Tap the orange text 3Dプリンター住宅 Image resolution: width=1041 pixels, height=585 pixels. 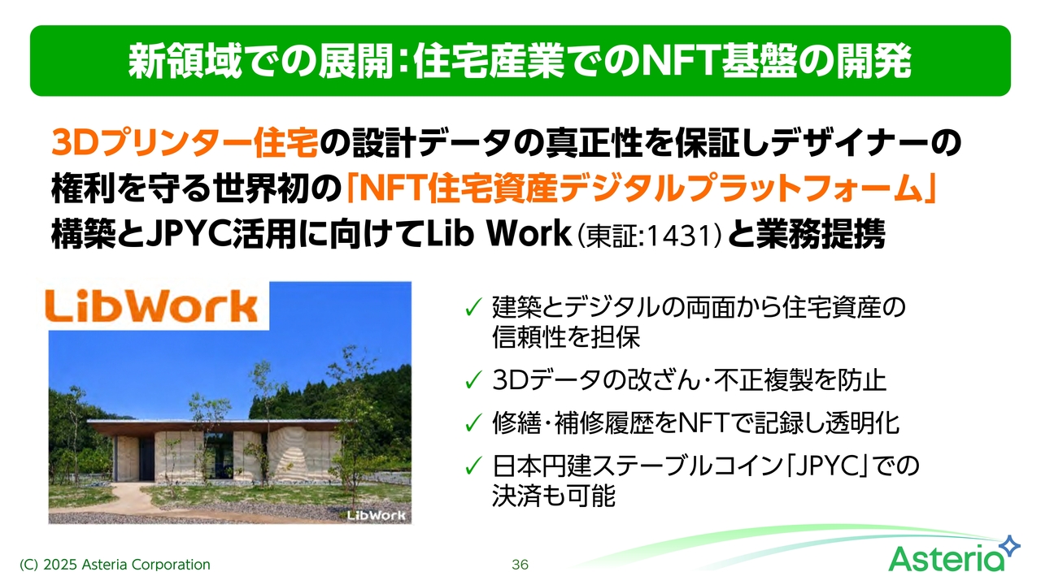tap(185, 143)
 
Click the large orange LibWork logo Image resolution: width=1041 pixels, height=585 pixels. tap(151, 306)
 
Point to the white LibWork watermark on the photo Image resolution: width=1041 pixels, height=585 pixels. tap(377, 515)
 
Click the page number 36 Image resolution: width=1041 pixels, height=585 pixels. tap(520, 565)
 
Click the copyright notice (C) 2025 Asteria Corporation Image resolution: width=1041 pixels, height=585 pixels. tap(115, 565)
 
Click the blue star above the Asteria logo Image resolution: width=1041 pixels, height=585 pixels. tap(1010, 546)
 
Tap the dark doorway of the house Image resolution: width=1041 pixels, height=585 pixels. tap(146, 460)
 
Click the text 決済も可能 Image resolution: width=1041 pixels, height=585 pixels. tap(554, 496)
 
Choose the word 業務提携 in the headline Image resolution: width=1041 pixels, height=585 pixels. tap(821, 235)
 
